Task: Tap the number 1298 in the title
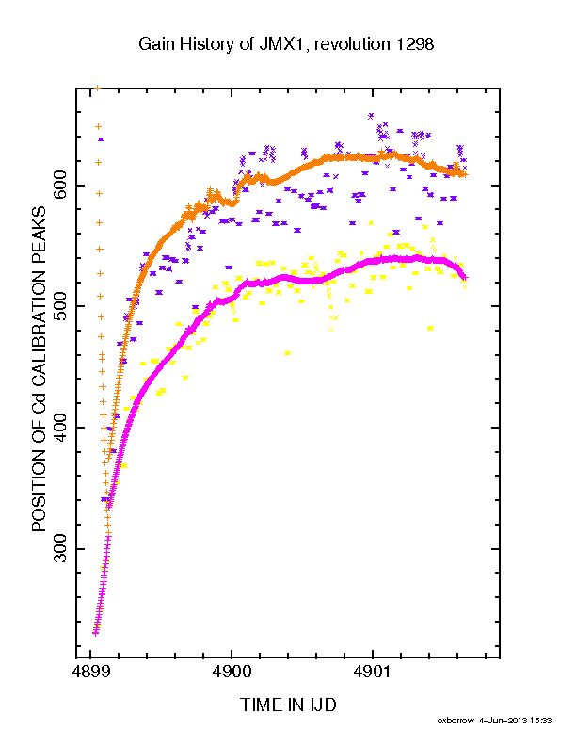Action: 414,44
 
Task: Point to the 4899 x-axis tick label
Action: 91,673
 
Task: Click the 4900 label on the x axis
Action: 232,673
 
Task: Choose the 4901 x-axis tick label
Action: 372,673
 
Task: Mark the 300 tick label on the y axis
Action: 59,548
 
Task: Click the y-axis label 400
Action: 59,428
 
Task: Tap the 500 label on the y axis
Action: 59,306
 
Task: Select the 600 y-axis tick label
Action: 59,185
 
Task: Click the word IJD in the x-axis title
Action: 322,705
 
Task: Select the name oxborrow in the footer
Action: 456,721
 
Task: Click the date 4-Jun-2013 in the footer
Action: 503,721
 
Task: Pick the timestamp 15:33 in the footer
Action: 541,721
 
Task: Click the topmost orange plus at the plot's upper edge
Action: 98,88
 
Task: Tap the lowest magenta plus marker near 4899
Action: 95,632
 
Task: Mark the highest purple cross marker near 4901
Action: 371,116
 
